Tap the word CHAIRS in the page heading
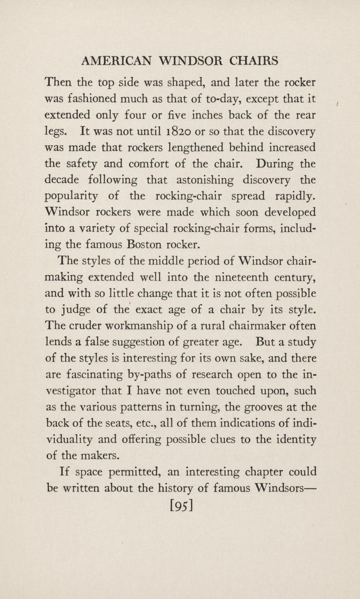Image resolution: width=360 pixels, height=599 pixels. [x=254, y=61]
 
